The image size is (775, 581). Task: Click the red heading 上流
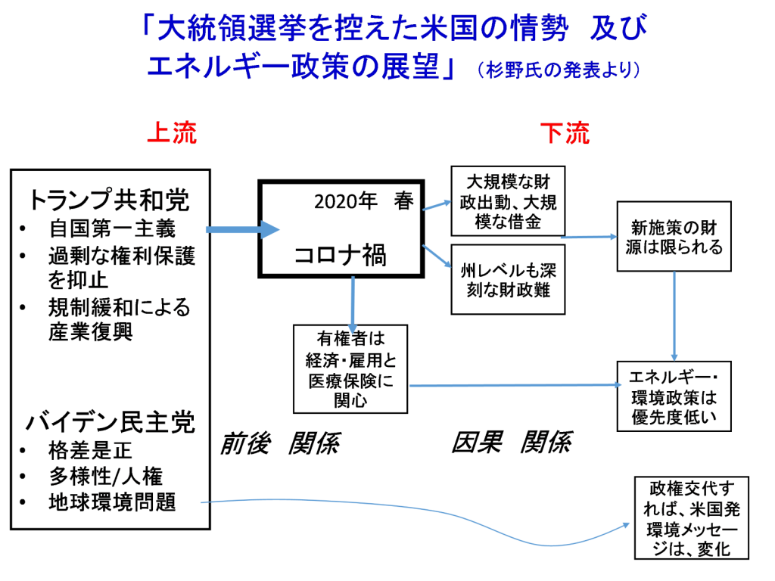(x=172, y=132)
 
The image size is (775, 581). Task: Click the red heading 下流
(x=565, y=133)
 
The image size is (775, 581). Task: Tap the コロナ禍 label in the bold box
(x=341, y=256)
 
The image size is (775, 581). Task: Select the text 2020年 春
(x=364, y=201)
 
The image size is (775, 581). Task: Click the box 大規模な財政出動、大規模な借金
(x=508, y=201)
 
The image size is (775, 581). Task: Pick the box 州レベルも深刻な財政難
(x=508, y=280)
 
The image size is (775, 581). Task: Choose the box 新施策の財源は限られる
(x=674, y=237)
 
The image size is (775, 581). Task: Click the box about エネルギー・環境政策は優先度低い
(x=674, y=396)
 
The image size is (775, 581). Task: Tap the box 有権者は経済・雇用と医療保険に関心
(x=350, y=369)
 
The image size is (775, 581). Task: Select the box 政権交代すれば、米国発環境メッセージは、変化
(x=692, y=518)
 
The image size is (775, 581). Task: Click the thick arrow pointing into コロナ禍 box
(x=243, y=230)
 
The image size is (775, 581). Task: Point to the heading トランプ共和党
(x=109, y=200)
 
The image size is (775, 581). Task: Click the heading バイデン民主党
(x=110, y=422)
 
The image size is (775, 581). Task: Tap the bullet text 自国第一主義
(x=112, y=228)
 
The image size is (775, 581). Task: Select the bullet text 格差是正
(x=91, y=450)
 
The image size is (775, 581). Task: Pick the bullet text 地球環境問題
(x=112, y=502)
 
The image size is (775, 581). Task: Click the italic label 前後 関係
(x=280, y=443)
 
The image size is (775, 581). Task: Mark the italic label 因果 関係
(x=512, y=442)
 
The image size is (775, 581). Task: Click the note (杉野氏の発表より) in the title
(x=559, y=70)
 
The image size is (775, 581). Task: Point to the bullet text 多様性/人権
(x=106, y=477)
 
